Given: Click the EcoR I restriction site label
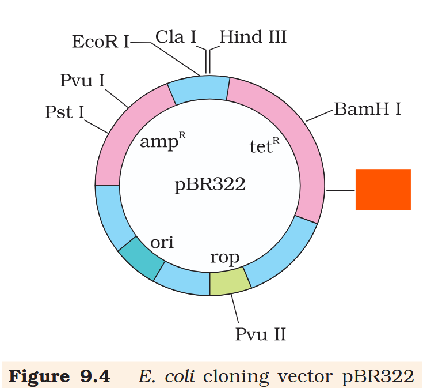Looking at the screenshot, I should (x=101, y=42).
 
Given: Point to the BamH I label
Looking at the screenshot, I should (x=367, y=109).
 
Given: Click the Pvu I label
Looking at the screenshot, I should (x=82, y=80).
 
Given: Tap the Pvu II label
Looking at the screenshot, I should (x=261, y=334).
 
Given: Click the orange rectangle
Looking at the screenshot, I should (x=383, y=190).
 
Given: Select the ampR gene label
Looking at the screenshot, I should (x=163, y=141).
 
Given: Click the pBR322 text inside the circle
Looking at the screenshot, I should (x=210, y=184).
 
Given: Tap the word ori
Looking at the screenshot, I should (x=162, y=242).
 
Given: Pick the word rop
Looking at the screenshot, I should (x=224, y=257).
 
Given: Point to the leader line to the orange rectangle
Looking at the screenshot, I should (x=341, y=190).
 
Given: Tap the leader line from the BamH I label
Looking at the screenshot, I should (x=320, y=114).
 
